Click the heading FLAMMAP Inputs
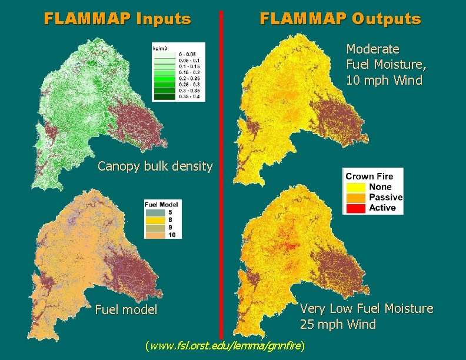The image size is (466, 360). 118,19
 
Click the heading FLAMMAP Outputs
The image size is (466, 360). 340,19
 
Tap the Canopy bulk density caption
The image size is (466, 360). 155,166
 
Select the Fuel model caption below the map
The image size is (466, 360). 126,309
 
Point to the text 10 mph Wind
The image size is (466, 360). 384,80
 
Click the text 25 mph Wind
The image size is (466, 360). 338,324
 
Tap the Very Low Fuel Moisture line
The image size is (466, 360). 366,308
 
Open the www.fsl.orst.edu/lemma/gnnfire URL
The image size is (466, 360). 226,346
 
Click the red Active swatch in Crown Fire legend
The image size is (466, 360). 356,208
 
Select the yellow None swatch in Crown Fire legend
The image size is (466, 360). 356,187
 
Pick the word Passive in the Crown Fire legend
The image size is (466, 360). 385,198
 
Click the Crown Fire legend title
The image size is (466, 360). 369,176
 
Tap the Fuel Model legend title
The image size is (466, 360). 162,205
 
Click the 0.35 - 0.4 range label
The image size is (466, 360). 190,97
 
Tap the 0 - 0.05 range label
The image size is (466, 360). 189,54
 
